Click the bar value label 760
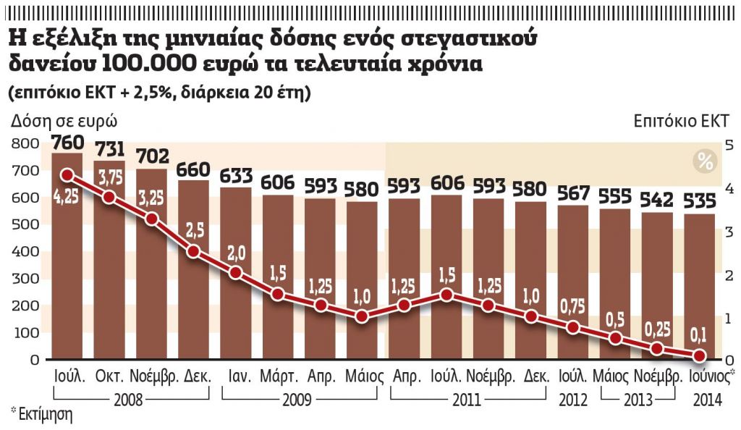coord(67,143)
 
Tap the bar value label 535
coord(699,199)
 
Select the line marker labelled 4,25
coord(67,175)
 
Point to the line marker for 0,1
coord(699,355)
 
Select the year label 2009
coord(299,399)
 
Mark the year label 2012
coord(572,399)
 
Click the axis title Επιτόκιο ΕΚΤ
coord(682,121)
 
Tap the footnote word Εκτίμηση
coord(45,416)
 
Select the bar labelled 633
coord(236,275)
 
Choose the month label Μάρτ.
coord(278,377)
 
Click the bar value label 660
coord(193,169)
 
